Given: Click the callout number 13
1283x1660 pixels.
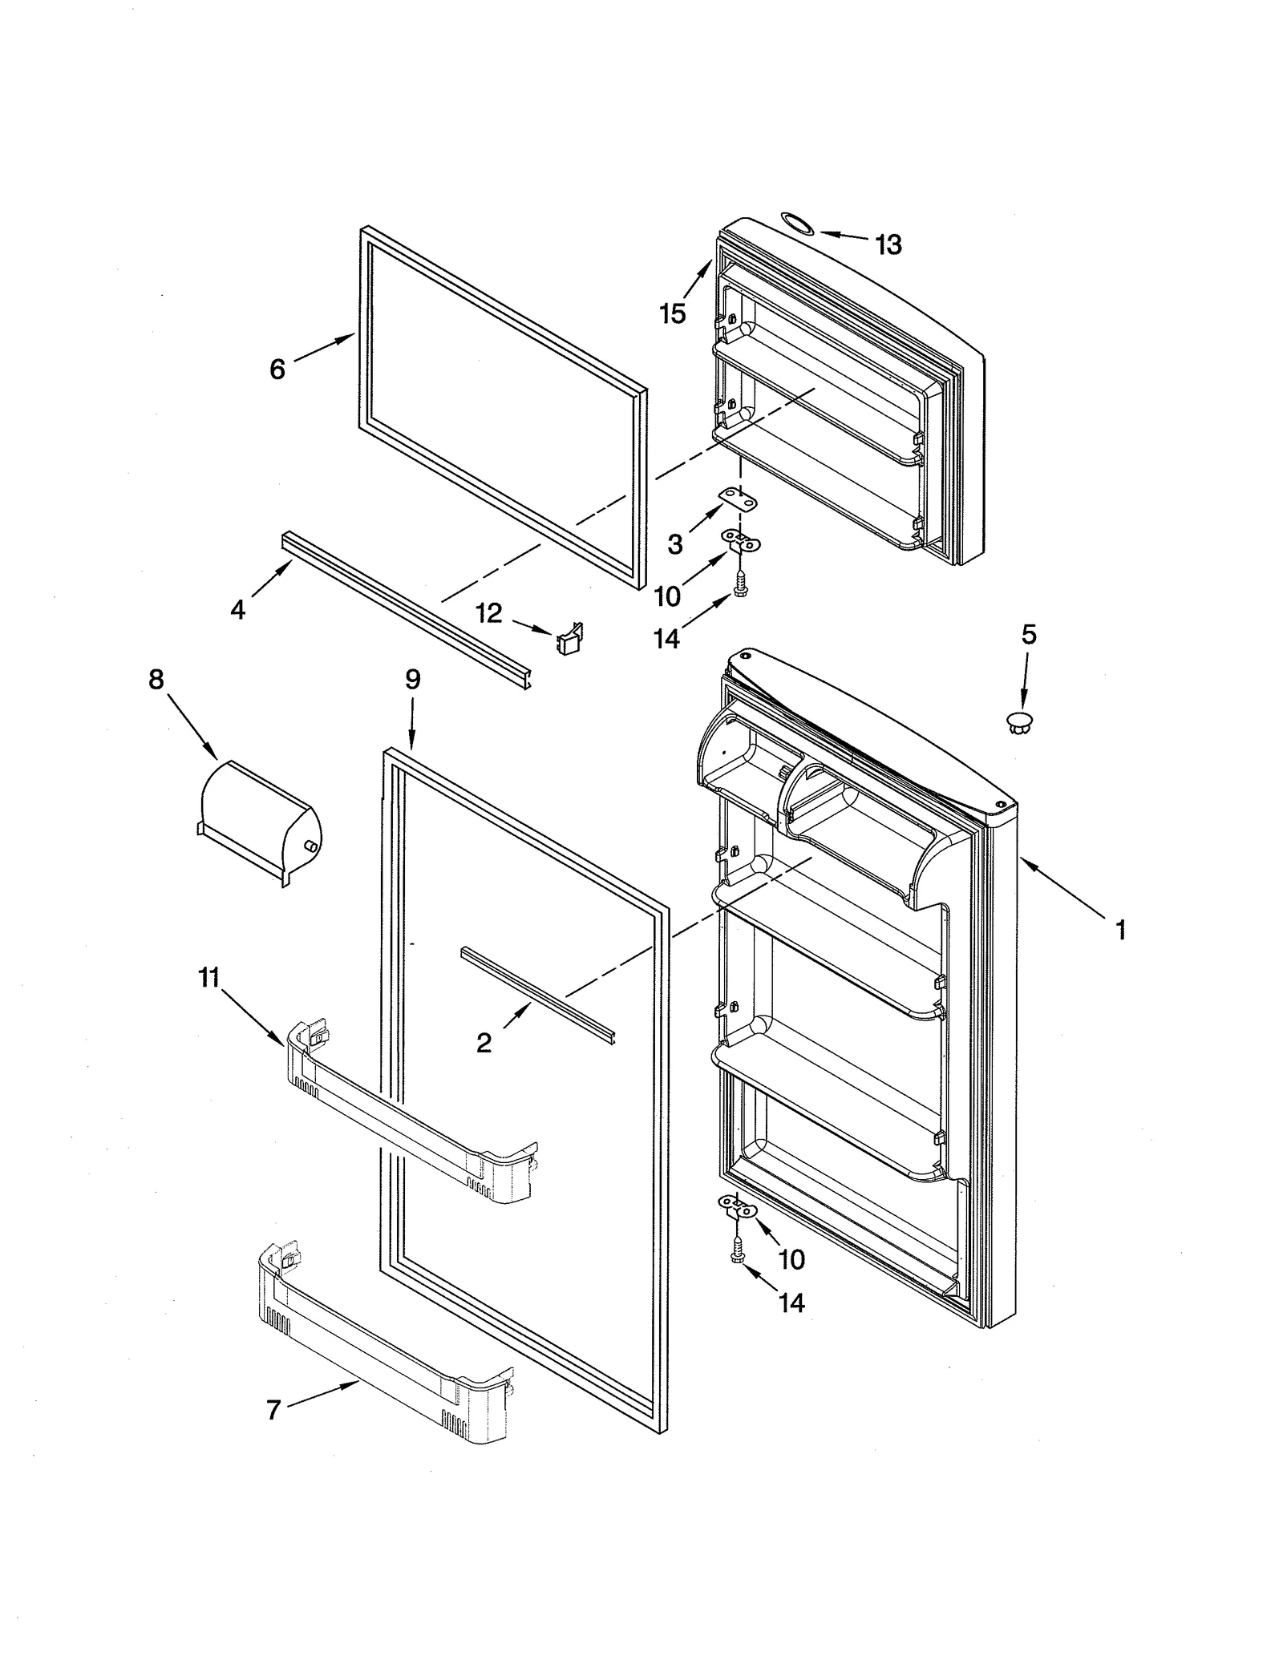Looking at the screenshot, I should tap(888, 244).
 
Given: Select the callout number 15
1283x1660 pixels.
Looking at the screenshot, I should tap(673, 313).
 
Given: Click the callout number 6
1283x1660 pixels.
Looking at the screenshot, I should tap(277, 370).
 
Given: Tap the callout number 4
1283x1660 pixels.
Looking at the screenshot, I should tap(237, 610).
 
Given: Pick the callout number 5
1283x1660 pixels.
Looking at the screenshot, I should tap(1029, 635).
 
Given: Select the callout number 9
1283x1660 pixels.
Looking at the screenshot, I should tap(412, 680).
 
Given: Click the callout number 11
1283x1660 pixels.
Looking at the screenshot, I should tap(208, 977).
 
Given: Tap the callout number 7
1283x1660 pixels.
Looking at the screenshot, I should tap(273, 1410).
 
